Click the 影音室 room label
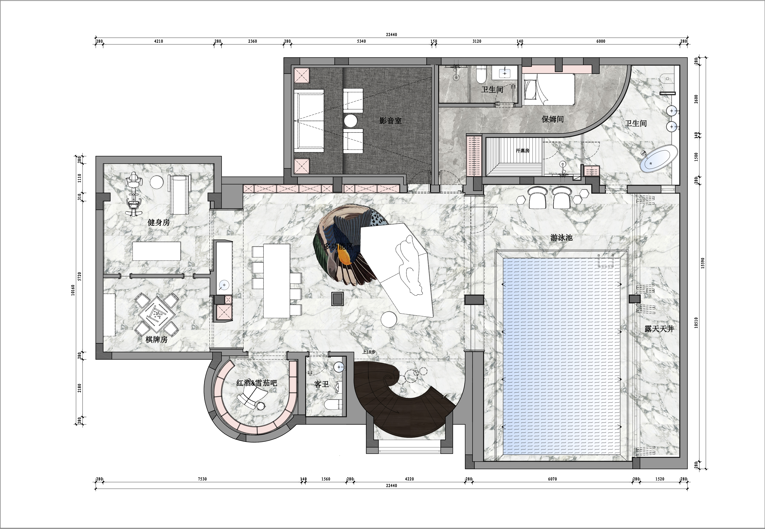pyautogui.click(x=390, y=121)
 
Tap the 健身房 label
pyautogui.click(x=159, y=222)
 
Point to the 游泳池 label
pyautogui.click(x=561, y=237)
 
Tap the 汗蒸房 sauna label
pyautogui.click(x=523, y=150)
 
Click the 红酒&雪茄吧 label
pyautogui.click(x=257, y=383)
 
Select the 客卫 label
pyautogui.click(x=321, y=384)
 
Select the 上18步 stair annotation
pyautogui.click(x=369, y=352)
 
